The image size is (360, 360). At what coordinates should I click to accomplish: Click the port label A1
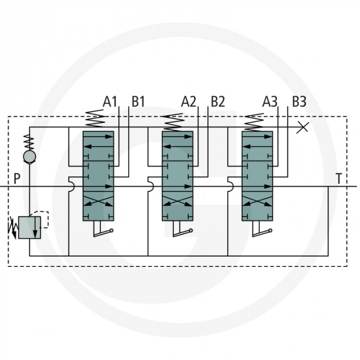pos(110,101)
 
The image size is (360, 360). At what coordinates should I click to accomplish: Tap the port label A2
pos(189,101)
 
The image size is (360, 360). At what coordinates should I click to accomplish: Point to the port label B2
pos(218,101)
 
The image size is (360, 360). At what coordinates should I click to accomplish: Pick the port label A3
pos(269,101)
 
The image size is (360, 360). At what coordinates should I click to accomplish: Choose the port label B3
pos(299,101)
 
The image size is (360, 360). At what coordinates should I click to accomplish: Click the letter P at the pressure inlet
pos(17,179)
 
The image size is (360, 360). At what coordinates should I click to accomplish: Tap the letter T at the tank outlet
pos(338,179)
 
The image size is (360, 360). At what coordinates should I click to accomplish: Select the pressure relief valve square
pos(29,227)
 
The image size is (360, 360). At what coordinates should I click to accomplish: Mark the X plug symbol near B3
pos(303,127)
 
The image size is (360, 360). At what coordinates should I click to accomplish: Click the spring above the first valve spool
pos(95,120)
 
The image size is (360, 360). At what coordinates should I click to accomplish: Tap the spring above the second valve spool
pos(174,120)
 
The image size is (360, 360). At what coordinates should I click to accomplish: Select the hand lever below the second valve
pos(182,232)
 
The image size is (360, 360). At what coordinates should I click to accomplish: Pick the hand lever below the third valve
pos(261,232)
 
